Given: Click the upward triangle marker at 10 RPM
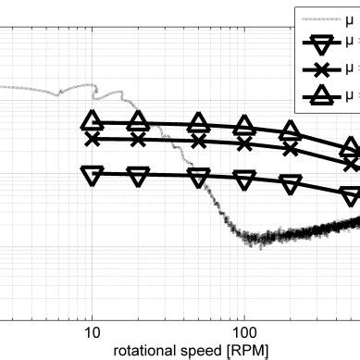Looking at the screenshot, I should [92, 121].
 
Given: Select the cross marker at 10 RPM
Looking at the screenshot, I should [92, 139].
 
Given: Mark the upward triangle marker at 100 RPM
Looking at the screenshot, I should [244, 126].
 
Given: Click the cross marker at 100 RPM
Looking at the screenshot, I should [244, 143].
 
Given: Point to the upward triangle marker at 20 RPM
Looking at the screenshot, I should [138, 121].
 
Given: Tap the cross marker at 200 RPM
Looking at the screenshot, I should [291, 149].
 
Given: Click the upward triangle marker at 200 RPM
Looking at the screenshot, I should [291, 131].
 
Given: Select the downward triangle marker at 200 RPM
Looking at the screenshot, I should [291, 185].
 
